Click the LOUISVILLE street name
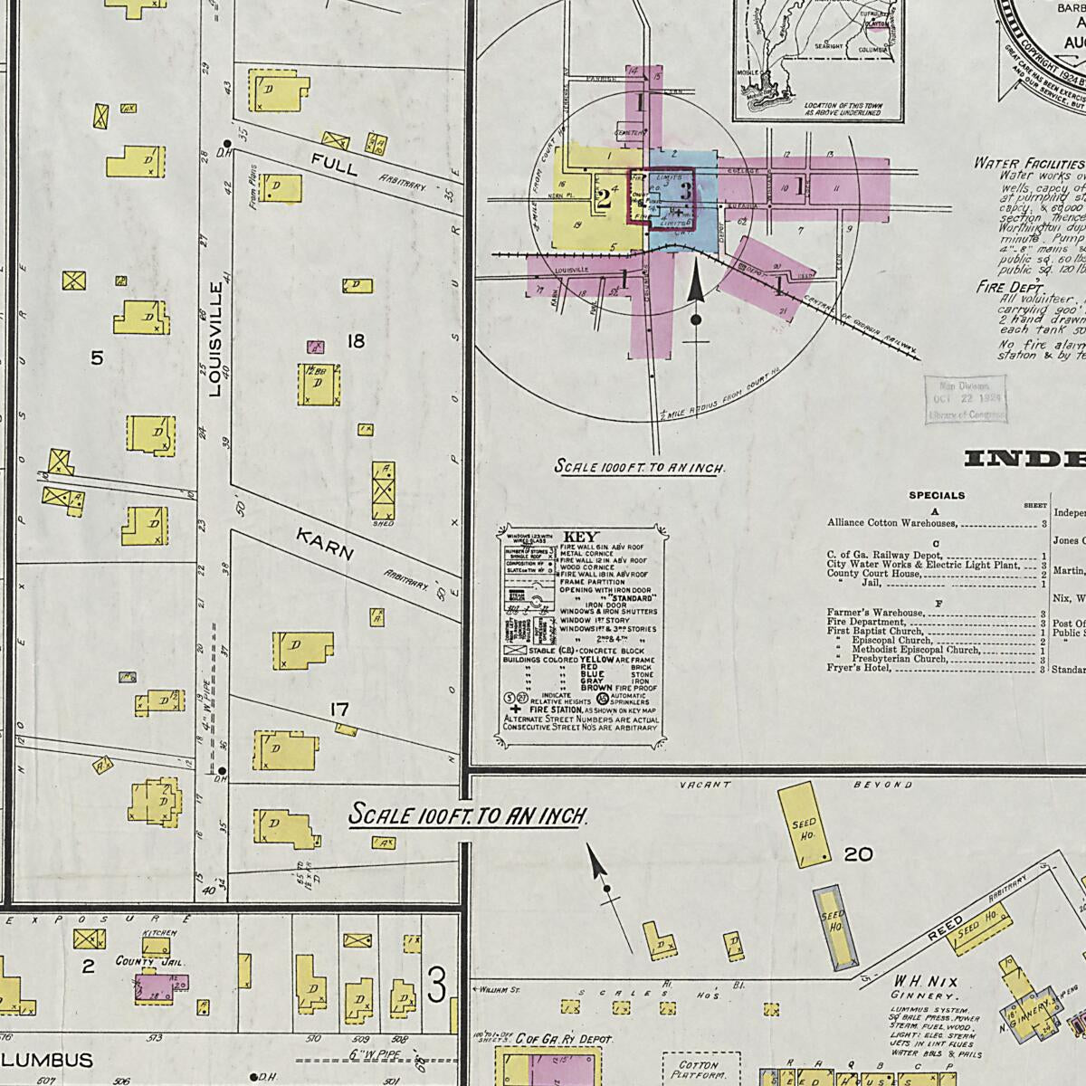pos(215,339)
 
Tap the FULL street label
pos(334,165)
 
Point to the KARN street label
pos(325,545)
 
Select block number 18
pos(356,341)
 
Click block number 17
pos(339,710)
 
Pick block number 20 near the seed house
pos(857,853)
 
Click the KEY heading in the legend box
pos(581,537)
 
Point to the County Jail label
pos(149,962)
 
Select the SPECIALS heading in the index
pos(937,495)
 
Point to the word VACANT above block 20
pos(704,785)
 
